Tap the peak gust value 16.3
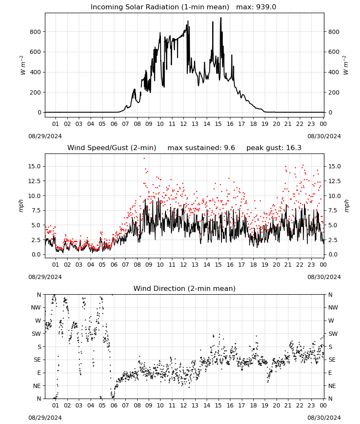[291, 148]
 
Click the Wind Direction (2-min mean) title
[185, 288]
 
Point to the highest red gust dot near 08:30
[144, 158]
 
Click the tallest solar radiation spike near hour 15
[221, 18]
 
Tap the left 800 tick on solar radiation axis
[35, 32]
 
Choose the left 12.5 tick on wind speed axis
[34, 181]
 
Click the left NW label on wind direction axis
[36, 308]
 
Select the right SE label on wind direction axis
[332, 360]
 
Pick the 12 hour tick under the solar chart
[183, 124]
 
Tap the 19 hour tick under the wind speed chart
[265, 265]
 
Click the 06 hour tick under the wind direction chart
[114, 406]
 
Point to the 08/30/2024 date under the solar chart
[324, 136]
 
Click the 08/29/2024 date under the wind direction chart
[45, 418]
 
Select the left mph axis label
[21, 206]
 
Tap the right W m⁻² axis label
[346, 65]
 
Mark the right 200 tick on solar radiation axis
[334, 92]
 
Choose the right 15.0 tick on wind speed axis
[334, 166]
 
